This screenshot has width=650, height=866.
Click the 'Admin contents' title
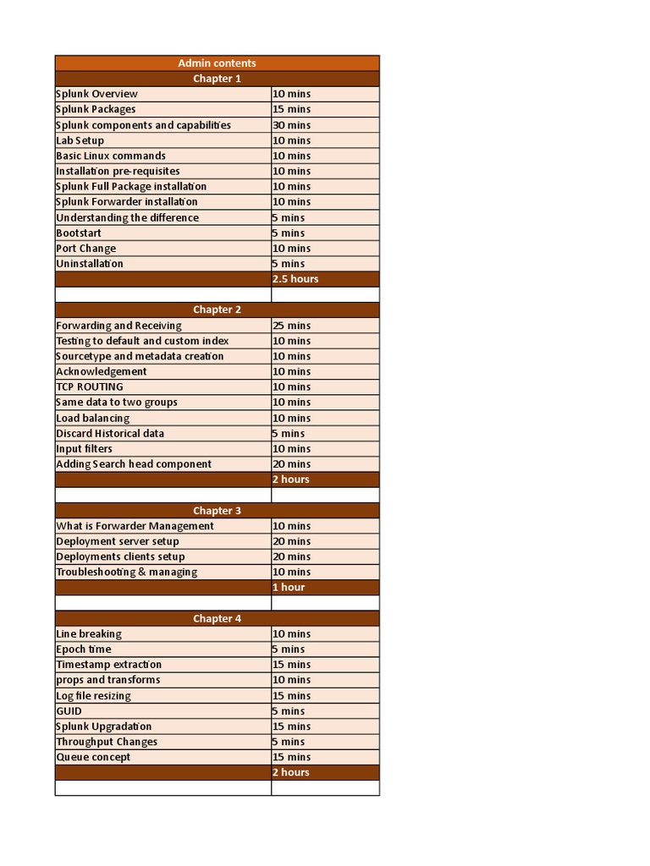(217, 63)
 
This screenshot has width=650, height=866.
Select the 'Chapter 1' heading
(217, 79)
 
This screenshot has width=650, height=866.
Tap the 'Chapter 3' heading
(217, 511)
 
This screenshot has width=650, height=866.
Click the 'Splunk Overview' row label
(96, 94)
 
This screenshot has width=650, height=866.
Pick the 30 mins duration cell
(291, 125)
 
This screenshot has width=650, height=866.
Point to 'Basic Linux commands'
(111, 156)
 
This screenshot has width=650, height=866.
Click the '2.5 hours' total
(295, 279)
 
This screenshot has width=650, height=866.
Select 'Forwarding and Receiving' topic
(118, 326)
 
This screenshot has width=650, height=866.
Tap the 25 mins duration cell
(291, 326)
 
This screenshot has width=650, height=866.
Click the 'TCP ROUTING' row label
(90, 387)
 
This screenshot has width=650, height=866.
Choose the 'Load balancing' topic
(93, 418)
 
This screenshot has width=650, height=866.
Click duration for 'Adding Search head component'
(291, 464)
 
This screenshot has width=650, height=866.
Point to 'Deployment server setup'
(118, 541)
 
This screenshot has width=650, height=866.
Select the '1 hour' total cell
(289, 587)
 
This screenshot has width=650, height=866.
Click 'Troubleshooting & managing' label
(127, 572)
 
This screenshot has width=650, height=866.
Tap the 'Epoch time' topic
(84, 649)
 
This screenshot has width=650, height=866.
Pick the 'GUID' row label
(69, 711)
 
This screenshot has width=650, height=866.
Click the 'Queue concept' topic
(93, 757)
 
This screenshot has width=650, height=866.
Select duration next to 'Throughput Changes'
(288, 742)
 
